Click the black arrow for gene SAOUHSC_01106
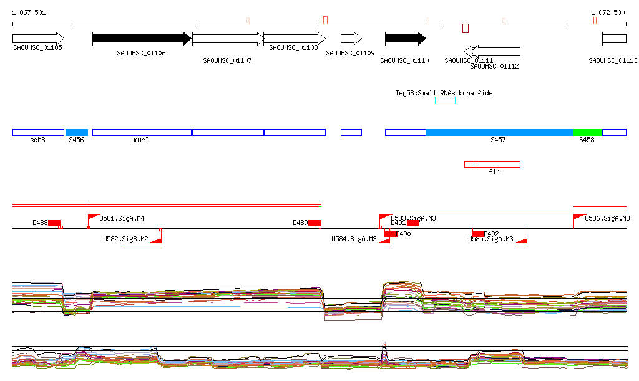pos(141,39)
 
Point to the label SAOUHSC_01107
pos(227,60)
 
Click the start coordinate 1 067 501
pos(29,12)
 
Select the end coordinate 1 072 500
pos(608,12)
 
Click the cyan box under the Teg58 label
pos(445,100)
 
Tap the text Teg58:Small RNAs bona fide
pos(444,93)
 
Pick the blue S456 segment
pos(77,132)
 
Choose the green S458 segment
pos(587,132)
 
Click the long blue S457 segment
pos(499,132)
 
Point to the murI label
pos(141,140)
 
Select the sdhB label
pos(38,140)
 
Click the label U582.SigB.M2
pos(125,239)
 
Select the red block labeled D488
pos(54,223)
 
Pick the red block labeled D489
pos(315,223)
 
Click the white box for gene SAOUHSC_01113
pos(614,39)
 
